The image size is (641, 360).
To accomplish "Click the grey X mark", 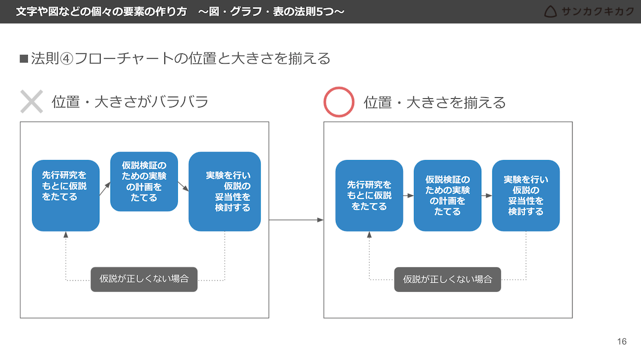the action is click(x=32, y=101).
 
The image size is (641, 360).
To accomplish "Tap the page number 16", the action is click(x=622, y=341).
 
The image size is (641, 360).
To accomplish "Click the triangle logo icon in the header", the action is click(x=550, y=12).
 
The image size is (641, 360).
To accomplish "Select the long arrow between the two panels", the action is click(x=296, y=220).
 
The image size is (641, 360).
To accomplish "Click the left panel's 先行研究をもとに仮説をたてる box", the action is click(x=66, y=195).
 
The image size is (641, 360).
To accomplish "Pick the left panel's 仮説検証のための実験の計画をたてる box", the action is click(x=144, y=182).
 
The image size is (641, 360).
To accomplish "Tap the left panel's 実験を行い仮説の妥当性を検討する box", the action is click(x=225, y=191).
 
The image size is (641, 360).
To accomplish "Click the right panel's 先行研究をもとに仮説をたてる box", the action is click(x=369, y=195).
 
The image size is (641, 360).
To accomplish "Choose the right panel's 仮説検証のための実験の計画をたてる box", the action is click(x=448, y=195).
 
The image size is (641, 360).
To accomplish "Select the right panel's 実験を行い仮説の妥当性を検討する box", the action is click(x=526, y=195).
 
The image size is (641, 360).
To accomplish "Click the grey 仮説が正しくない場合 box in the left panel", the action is click(x=144, y=279).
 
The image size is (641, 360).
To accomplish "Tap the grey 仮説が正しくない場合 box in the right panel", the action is click(x=448, y=279).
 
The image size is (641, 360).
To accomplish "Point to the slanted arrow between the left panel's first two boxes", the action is click(x=105, y=189).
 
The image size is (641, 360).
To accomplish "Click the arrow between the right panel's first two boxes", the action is click(x=408, y=195).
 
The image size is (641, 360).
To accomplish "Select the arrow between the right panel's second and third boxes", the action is click(x=487, y=195).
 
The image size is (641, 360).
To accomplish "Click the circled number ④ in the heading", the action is click(x=66, y=59).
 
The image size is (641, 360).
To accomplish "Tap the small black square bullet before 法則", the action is click(x=24, y=59).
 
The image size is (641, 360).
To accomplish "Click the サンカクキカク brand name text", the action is click(x=598, y=11).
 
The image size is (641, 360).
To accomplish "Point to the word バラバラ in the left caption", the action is click(x=180, y=101).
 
